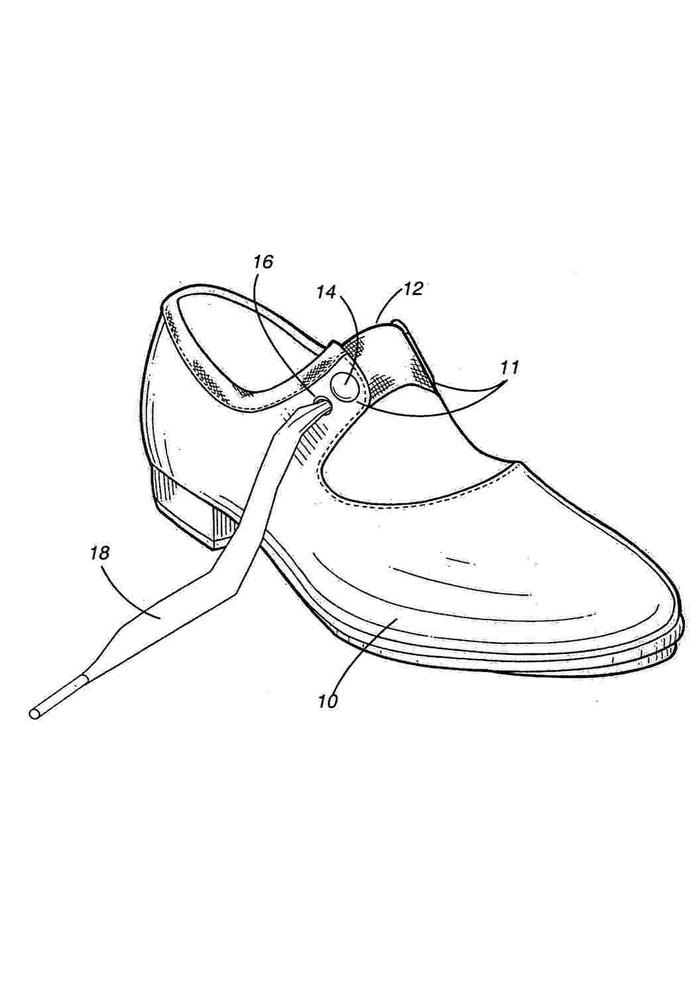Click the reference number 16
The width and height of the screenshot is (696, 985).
262,262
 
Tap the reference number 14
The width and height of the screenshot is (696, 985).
327,293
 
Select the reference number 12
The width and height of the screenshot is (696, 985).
412,289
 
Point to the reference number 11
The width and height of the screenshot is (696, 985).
509,367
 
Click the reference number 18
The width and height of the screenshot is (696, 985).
99,553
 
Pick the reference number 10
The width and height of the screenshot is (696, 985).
328,701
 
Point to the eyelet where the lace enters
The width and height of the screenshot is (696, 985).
323,400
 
